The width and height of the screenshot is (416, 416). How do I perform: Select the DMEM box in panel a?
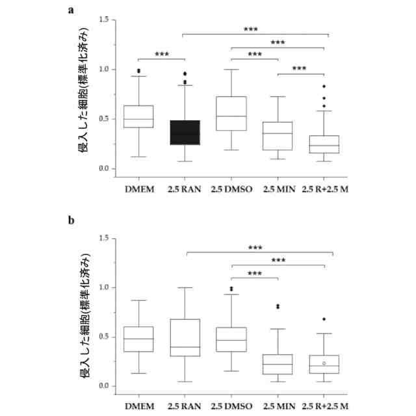pyautogui.click(x=138, y=116)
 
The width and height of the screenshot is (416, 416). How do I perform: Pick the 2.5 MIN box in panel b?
pyautogui.click(x=278, y=364)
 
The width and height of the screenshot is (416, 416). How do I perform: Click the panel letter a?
pyautogui.click(x=71, y=10)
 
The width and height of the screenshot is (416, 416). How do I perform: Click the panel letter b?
pyautogui.click(x=71, y=220)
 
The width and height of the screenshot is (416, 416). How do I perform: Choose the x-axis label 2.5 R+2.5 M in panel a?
pyautogui.click(x=324, y=189)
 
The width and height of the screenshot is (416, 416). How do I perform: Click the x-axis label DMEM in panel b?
pyautogui.click(x=138, y=406)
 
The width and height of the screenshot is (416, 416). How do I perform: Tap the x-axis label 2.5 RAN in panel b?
pyautogui.click(x=184, y=406)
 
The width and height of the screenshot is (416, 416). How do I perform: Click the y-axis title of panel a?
pyautogui.click(x=83, y=95)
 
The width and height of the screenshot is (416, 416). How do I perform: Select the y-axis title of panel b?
pyautogui.click(x=83, y=312)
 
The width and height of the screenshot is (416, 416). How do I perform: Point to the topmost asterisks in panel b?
pyautogui.click(x=255, y=248)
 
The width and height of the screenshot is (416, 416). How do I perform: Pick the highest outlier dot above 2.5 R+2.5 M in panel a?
pyautogui.click(x=324, y=86)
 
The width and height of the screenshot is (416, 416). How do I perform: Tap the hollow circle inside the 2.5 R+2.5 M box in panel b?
pyautogui.click(x=324, y=363)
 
